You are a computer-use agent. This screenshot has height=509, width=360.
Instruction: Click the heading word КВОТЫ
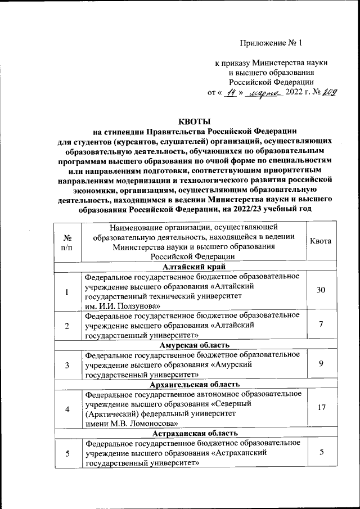pyautogui.click(x=194, y=121)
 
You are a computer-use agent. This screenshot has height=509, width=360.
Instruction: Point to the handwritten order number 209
pyautogui.click(x=327, y=93)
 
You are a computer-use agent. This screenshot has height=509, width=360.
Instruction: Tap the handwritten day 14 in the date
pyautogui.click(x=228, y=93)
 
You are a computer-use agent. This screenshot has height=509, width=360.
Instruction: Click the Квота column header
pyautogui.click(x=321, y=241)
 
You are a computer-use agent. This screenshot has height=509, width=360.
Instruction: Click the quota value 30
pyautogui.click(x=321, y=290)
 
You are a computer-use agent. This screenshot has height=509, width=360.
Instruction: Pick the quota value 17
pyautogui.click(x=321, y=407)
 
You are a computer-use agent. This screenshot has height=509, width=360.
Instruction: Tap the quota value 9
pyautogui.click(x=321, y=364)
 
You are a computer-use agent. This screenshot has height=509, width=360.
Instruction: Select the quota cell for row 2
pyautogui.click(x=321, y=325)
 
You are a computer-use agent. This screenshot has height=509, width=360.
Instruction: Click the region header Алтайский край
pyautogui.click(x=194, y=267)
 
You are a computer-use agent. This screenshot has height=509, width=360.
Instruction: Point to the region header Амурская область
pyautogui.click(x=194, y=345)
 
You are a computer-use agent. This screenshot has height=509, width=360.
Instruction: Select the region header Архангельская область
pyautogui.click(x=194, y=384)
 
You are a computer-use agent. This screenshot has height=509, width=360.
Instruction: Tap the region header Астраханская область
pyautogui.click(x=194, y=434)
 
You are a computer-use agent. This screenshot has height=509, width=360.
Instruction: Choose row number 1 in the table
pyautogui.click(x=67, y=292)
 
